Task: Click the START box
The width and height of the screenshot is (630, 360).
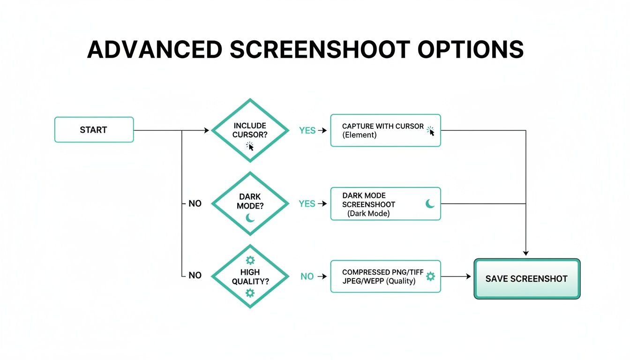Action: point(94,130)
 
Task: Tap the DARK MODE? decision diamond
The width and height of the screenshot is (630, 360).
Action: point(250,203)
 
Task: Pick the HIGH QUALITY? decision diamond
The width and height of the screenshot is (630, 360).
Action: point(250,277)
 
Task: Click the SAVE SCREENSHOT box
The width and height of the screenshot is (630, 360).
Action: point(527,278)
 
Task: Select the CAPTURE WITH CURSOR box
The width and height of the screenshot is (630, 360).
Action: point(385,130)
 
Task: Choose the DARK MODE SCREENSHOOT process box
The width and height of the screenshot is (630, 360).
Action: point(385,203)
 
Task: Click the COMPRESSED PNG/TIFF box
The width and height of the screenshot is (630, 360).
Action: point(385,277)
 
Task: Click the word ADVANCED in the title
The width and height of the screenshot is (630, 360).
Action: point(155,49)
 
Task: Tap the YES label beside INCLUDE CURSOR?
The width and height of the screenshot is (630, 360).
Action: point(307,130)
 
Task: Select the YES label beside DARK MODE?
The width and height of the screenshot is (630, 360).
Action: point(307,203)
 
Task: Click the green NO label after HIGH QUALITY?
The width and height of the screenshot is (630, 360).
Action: point(307,277)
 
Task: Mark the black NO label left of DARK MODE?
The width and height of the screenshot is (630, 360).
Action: point(195,203)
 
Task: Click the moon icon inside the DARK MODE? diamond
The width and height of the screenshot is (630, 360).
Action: point(250,218)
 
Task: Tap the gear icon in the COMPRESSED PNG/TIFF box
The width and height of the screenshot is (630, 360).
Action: point(430,277)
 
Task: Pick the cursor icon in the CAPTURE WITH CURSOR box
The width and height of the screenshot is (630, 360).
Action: point(431,131)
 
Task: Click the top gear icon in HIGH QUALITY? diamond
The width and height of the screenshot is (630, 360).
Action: point(250,260)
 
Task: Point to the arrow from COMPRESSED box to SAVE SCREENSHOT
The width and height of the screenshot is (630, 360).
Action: point(456,277)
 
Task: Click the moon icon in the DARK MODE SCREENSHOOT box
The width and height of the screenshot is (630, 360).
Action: point(430,203)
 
